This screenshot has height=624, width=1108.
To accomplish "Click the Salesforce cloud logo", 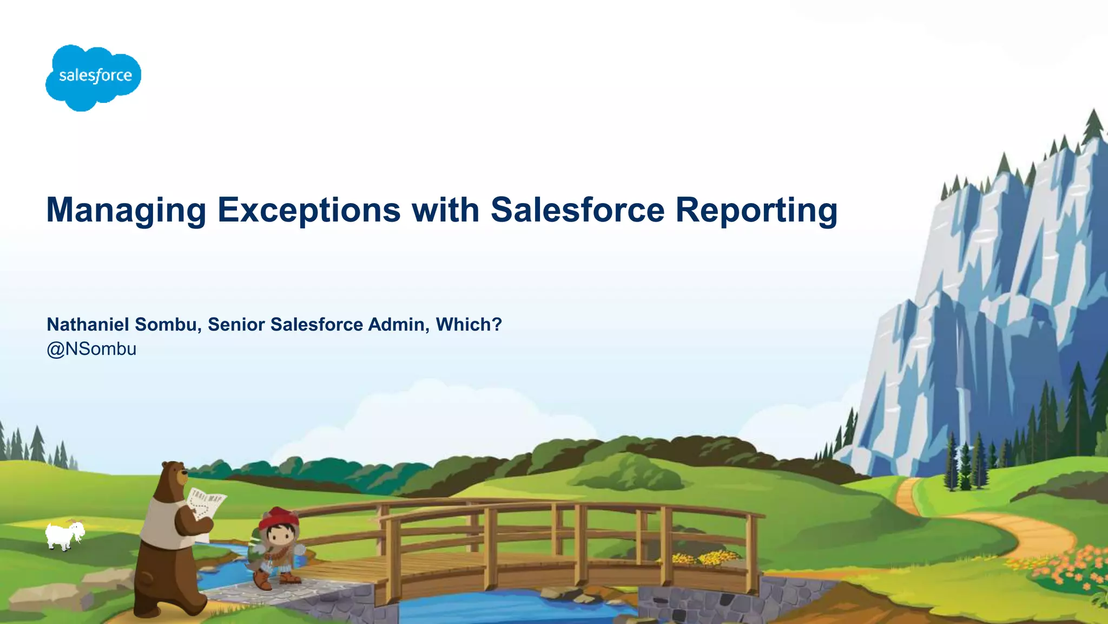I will tap(93, 77).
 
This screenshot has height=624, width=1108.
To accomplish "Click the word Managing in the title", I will tap(126, 210).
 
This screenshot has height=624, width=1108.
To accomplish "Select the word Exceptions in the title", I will tap(309, 210).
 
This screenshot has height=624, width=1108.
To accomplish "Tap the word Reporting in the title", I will tap(756, 210).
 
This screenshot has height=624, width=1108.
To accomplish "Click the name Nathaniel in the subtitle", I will tap(88, 324).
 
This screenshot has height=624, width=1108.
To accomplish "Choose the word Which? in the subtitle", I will tap(469, 324).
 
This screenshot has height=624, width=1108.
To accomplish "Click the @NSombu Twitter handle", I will tap(91, 349).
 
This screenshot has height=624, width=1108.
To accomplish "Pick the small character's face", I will tap(279, 536).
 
